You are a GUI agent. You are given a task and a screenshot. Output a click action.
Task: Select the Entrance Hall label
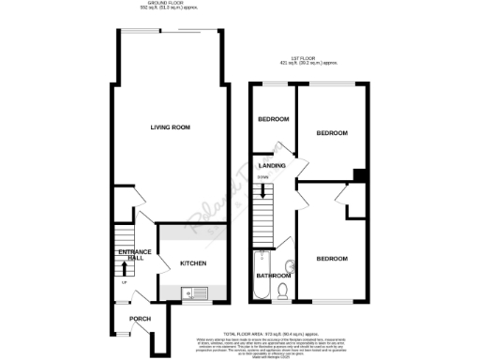click(129, 255)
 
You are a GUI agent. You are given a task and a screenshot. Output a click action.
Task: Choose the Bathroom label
click(274, 276)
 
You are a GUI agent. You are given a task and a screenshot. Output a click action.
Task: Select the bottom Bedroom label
click(331, 258)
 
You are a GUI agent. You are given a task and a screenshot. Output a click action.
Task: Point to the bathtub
click(260, 272)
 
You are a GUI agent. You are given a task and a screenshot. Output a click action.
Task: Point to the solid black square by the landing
click(359, 174)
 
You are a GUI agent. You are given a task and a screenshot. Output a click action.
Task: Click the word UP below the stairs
click(125, 281)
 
